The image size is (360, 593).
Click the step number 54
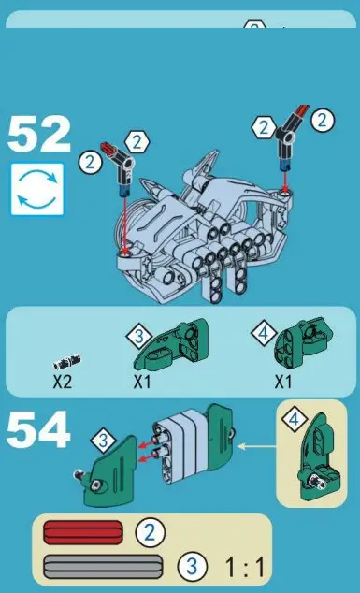point(39,432)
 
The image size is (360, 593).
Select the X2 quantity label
point(63,382)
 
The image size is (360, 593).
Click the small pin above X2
point(65,360)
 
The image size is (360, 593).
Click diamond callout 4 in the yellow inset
point(293,421)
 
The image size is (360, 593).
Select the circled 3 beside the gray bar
point(192,565)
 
